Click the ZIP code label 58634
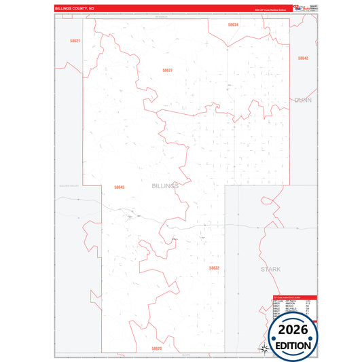pyautogui.click(x=233, y=24)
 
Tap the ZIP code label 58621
pyautogui.click(x=75, y=41)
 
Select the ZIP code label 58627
pyautogui.click(x=167, y=70)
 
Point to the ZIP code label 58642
pyautogui.click(x=303, y=58)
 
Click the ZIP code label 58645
pyautogui.click(x=120, y=187)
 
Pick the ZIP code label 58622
pyautogui.click(x=214, y=268)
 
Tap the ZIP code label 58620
pyautogui.click(x=157, y=348)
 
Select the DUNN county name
pyautogui.click(x=303, y=100)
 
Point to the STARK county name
pyautogui.click(x=270, y=269)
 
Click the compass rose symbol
pyautogui.click(x=264, y=349)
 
